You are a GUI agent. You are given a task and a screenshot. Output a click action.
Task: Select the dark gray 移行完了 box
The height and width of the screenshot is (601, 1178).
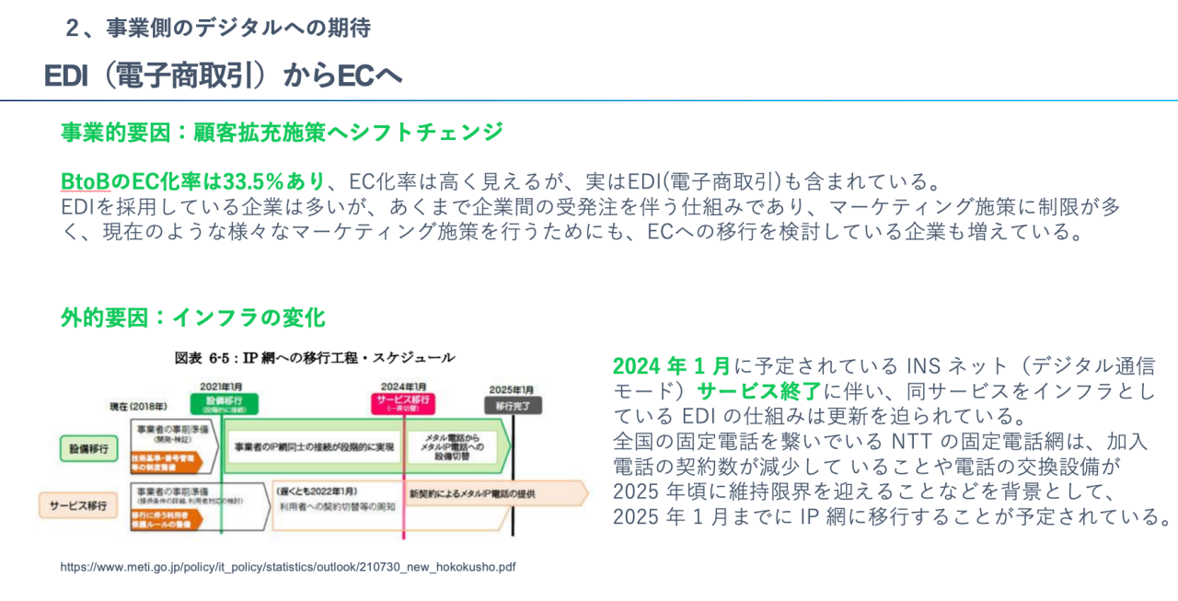click(514, 405)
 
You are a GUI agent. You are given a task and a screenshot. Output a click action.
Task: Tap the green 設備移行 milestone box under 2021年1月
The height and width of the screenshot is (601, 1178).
click(224, 404)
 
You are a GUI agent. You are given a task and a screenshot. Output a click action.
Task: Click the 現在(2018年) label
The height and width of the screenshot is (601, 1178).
click(140, 405)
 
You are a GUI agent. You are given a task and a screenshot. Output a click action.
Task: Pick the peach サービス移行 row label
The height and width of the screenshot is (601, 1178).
click(78, 505)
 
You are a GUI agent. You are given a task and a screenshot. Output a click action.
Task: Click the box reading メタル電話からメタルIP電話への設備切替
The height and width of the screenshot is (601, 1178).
click(452, 446)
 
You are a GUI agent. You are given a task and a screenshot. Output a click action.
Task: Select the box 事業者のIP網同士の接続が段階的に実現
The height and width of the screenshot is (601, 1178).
click(314, 446)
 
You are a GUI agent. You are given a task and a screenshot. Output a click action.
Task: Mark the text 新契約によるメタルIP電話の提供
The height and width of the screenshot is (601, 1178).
click(472, 494)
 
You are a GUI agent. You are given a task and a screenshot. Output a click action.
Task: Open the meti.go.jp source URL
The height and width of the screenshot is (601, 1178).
click(288, 567)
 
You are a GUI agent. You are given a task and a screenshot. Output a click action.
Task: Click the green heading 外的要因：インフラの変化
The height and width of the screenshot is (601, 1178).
click(193, 318)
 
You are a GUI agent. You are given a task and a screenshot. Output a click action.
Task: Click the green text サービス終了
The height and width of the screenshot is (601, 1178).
click(758, 390)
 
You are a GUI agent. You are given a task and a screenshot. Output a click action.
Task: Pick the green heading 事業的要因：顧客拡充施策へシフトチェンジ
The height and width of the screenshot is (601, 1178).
click(282, 132)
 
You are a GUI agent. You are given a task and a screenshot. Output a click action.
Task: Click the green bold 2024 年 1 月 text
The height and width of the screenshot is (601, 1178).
click(672, 365)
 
